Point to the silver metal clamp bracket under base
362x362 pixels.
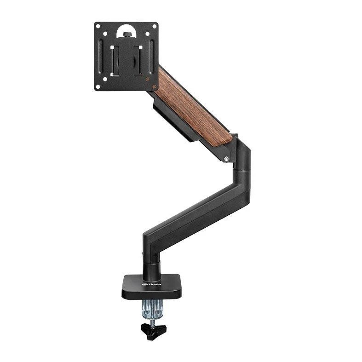tap(151, 308)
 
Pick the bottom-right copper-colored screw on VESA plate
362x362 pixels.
tap(148, 80)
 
